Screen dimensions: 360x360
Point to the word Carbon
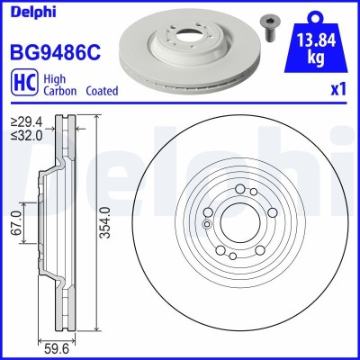[x=57, y=92]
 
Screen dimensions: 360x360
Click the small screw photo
[x=269, y=27]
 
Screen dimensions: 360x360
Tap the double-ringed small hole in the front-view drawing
[x=206, y=225]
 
